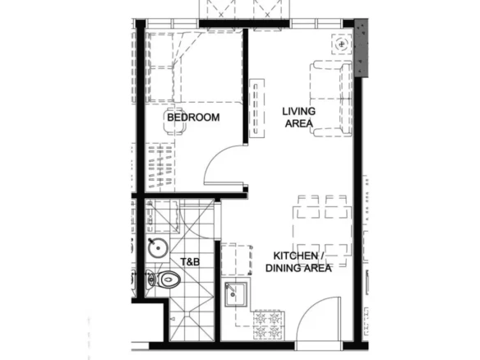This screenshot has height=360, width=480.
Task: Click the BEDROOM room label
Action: click(x=193, y=118)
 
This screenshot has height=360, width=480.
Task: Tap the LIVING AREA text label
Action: click(x=299, y=118)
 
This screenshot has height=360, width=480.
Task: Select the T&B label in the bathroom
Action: click(x=190, y=262)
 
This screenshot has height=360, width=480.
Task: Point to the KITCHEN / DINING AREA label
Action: click(x=298, y=261)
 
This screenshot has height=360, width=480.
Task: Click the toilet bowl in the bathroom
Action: click(x=164, y=279)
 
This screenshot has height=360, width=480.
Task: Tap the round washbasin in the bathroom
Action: click(x=158, y=247)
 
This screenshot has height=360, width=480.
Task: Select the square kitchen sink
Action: click(x=236, y=294)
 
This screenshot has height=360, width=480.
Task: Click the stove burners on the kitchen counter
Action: click(x=267, y=325)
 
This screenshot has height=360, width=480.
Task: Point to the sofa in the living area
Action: click(x=331, y=99)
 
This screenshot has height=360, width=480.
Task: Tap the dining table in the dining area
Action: click(x=322, y=231)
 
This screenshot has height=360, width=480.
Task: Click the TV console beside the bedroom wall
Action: click(x=256, y=108)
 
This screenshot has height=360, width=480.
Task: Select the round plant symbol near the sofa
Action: click(x=341, y=44)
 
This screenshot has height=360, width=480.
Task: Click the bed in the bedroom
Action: click(x=171, y=67)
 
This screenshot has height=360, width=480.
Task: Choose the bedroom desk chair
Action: click(x=176, y=121)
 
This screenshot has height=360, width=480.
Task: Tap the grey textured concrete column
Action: click(x=361, y=48)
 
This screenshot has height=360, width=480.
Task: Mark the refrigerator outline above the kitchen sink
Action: click(x=237, y=260)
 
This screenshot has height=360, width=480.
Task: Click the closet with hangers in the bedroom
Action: click(x=160, y=166)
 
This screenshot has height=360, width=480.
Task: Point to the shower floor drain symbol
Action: click(x=173, y=319)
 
